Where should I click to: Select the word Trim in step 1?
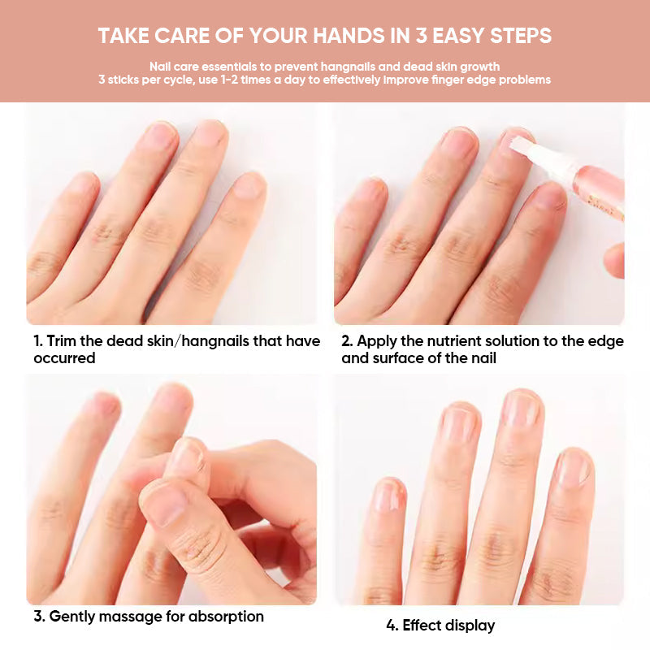[62, 341]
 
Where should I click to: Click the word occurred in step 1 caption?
[64, 358]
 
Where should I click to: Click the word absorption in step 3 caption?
[226, 617]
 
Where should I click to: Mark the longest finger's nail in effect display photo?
[521, 409]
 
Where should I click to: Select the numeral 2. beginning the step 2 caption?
[346, 341]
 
